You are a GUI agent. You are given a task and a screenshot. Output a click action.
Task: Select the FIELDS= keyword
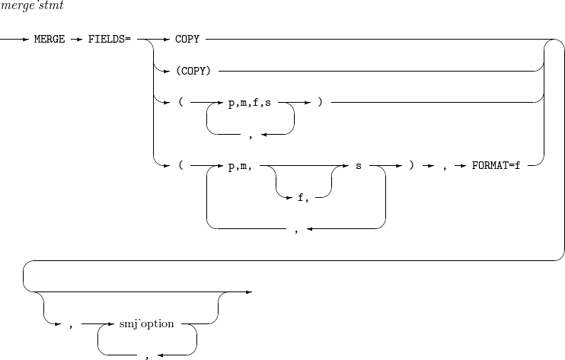click(x=109, y=38)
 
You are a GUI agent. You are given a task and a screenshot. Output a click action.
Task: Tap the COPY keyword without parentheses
click(x=187, y=38)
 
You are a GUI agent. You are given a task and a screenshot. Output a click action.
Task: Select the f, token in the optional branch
click(x=302, y=197)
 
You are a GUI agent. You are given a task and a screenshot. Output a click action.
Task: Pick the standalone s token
click(x=358, y=165)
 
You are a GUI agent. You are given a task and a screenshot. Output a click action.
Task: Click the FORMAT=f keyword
click(x=496, y=165)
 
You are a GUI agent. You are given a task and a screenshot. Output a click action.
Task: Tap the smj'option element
click(x=147, y=323)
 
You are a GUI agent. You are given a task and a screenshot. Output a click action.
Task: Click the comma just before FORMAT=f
click(x=443, y=167)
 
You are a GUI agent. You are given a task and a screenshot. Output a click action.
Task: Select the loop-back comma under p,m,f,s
click(x=250, y=136)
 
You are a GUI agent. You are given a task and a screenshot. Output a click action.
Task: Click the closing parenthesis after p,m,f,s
click(x=321, y=102)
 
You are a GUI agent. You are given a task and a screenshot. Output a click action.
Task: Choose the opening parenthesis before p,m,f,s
click(x=179, y=102)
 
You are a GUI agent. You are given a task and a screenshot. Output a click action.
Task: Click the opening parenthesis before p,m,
click(x=179, y=165)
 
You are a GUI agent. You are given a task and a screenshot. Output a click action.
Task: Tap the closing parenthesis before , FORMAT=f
click(x=411, y=165)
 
